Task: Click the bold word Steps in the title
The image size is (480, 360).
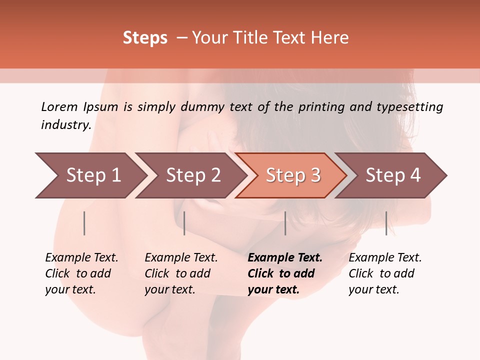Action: point(145,38)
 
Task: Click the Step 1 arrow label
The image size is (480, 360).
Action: point(93,175)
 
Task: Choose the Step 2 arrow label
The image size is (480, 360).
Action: point(193,175)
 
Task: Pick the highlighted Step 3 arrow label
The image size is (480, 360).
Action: point(293,175)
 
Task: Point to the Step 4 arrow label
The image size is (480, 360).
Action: point(393,175)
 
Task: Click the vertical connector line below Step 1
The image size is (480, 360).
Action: point(84,223)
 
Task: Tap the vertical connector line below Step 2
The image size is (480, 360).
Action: point(184,223)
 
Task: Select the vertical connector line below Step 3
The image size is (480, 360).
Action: point(285,223)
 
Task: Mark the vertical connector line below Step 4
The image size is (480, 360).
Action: point(386,223)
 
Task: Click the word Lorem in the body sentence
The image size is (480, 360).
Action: point(59,106)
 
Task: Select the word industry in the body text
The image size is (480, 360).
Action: point(66,125)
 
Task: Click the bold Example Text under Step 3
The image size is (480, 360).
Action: point(285,257)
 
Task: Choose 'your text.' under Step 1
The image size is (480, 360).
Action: point(70,289)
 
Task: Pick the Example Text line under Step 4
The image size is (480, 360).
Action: point(385,257)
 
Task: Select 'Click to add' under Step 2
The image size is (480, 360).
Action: point(177,273)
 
